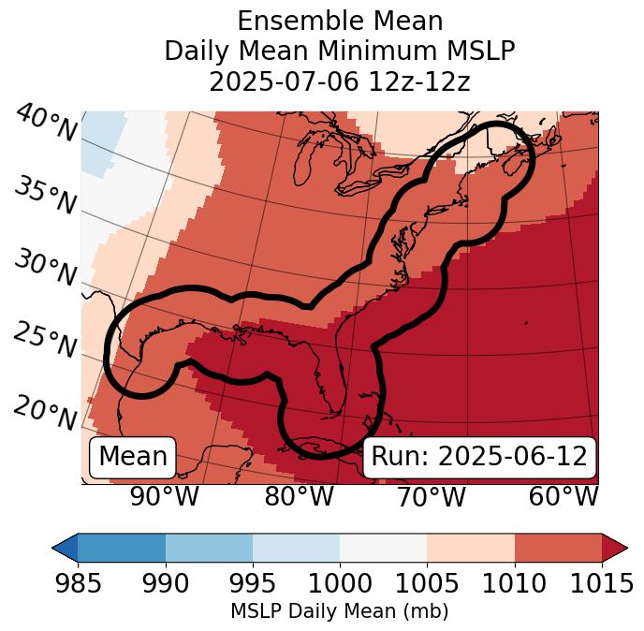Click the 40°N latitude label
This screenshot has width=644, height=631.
[x=46, y=124]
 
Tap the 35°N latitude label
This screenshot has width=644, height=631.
[x=44, y=195]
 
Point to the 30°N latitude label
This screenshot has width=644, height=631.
[x=44, y=268]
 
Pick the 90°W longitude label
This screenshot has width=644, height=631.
[x=164, y=497]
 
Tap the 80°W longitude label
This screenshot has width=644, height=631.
[x=299, y=497]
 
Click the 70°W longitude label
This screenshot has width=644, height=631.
[x=431, y=497]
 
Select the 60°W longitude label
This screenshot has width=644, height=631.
[x=563, y=497]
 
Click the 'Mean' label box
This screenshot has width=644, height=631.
[x=133, y=457]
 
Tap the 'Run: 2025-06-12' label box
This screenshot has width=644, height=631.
[x=479, y=457]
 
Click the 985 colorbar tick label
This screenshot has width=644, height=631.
[x=78, y=583]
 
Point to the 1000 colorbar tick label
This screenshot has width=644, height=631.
[x=340, y=583]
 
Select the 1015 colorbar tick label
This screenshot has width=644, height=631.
[x=602, y=583]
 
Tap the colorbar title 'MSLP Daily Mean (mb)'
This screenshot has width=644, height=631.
[x=339, y=611]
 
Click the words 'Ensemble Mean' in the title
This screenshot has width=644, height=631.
[x=340, y=21]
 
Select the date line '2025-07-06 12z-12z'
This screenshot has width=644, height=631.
[x=340, y=81]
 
